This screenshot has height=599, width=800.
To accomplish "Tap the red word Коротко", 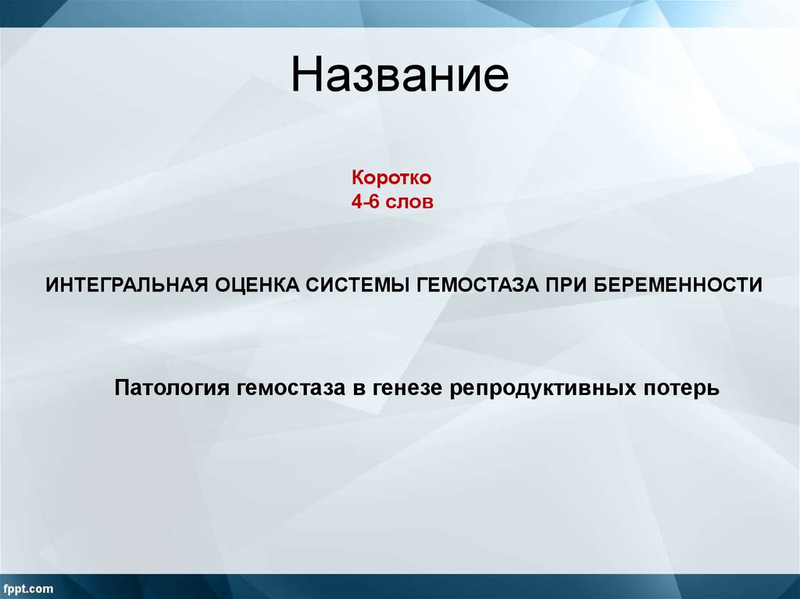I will pyautogui.click(x=391, y=179).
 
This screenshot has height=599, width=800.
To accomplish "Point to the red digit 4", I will pyautogui.click(x=356, y=201).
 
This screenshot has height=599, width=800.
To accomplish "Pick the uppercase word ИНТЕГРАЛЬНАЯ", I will pyautogui.click(x=126, y=283).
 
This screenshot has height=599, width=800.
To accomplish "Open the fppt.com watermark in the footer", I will pyautogui.click(x=27, y=587).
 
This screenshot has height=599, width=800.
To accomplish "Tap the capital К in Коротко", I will pyautogui.click(x=355, y=179).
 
